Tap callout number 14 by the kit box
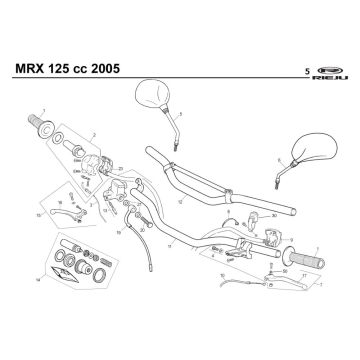[36, 281]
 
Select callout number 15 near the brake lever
[39, 213]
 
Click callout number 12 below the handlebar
[179, 201]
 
